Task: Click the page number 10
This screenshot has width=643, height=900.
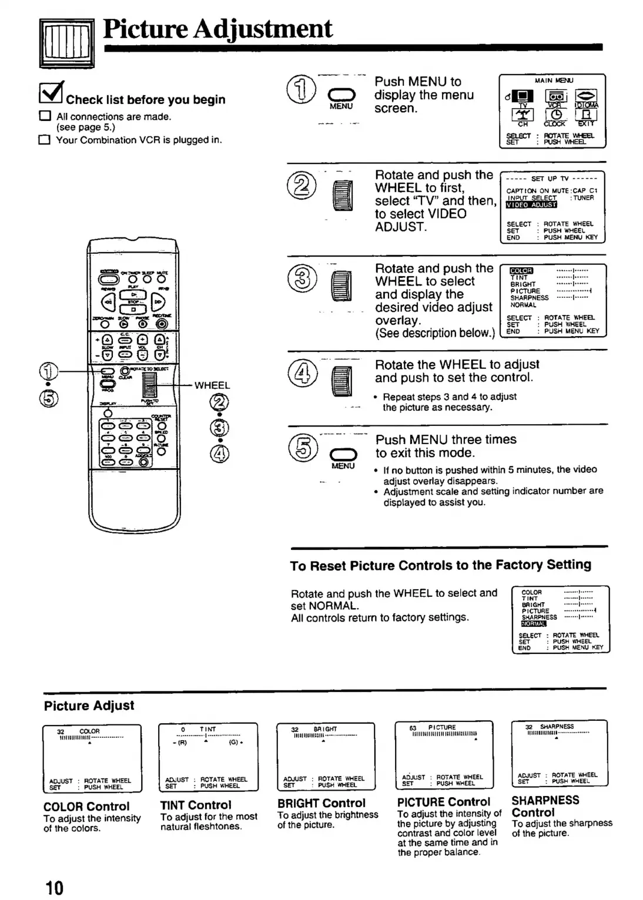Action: tap(54, 887)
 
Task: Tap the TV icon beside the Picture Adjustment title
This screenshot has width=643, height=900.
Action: tap(66, 43)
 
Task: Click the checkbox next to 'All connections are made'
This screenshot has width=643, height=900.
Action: tap(45, 116)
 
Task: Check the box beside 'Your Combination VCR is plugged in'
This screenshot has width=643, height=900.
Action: tap(44, 140)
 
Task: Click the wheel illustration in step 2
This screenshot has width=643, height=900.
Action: tap(343, 196)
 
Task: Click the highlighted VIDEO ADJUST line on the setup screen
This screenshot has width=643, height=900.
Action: tap(531, 205)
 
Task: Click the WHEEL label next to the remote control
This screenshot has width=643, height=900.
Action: tap(212, 385)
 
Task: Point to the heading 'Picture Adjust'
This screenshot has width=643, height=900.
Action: tap(89, 706)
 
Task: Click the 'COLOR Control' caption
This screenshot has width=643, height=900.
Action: tap(86, 807)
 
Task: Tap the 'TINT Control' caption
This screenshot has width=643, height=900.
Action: tap(196, 805)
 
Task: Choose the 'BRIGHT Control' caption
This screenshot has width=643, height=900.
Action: tap(321, 803)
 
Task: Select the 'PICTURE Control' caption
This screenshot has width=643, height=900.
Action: tap(443, 802)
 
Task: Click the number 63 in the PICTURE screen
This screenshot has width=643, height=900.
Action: tap(413, 728)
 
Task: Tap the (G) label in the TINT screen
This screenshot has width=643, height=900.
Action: tap(232, 742)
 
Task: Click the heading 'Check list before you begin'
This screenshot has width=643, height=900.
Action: tap(145, 100)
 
